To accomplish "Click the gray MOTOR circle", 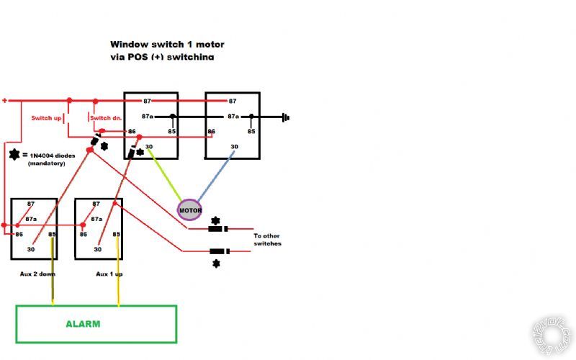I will click(x=190, y=210).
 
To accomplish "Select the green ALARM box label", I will click(x=84, y=324).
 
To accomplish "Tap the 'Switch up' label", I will click(x=45, y=118).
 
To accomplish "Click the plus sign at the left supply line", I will click(x=4, y=101).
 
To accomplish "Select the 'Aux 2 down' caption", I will click(x=37, y=274).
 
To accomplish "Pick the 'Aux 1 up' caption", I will click(x=109, y=274).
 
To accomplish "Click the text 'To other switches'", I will click(x=268, y=240).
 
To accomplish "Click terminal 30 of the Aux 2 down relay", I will click(x=30, y=249).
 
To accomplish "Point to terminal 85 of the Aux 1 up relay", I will click(x=117, y=234).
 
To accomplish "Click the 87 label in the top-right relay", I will click(x=232, y=102).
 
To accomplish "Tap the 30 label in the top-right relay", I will click(x=234, y=147).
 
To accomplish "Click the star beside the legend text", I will click(x=14, y=155).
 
